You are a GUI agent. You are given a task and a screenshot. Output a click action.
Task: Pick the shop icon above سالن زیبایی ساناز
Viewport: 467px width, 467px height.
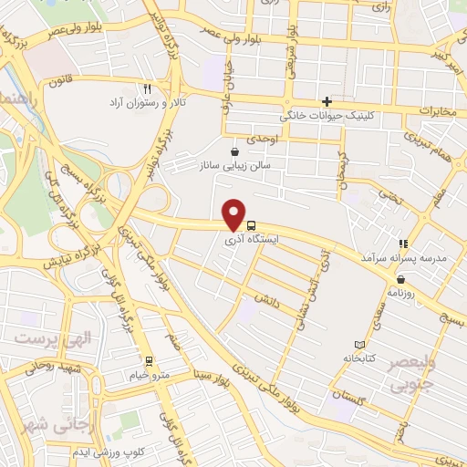(235, 150)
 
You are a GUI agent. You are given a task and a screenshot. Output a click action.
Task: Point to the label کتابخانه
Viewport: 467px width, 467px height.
(361, 359)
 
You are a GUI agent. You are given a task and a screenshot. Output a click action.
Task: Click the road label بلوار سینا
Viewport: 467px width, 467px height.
(213, 374)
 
